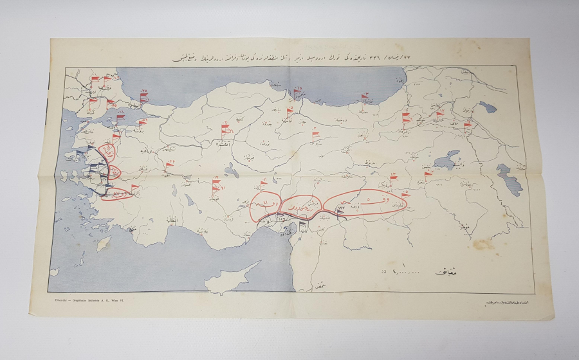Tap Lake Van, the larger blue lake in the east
(445, 159)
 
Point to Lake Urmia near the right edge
(511, 178)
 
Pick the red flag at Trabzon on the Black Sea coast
(364, 98)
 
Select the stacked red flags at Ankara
(225, 130)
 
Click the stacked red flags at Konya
(216, 188)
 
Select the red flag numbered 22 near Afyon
(169, 165)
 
